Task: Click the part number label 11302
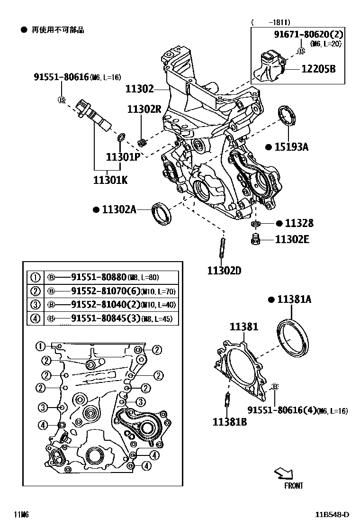140,89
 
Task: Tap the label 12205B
318,69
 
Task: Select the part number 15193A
290,147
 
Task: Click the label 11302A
118,209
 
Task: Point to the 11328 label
299,223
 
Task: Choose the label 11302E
292,239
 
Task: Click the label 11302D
224,271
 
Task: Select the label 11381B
229,421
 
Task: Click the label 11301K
110,180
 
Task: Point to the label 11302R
144,109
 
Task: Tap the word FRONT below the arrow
294,485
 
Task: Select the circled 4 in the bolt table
36,318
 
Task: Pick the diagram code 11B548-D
333,515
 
